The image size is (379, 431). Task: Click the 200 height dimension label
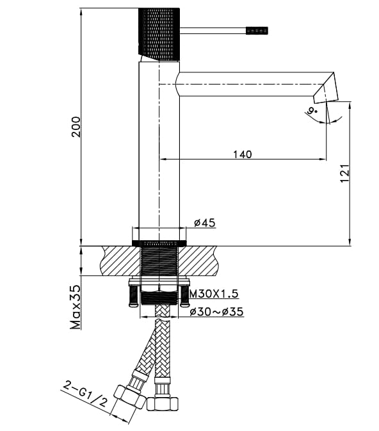click(x=76, y=129)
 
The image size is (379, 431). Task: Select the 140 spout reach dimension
click(x=242, y=154)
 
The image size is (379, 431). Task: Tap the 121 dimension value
click(x=344, y=174)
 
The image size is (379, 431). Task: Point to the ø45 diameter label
click(x=205, y=223)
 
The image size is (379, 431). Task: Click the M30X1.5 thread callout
click(x=214, y=293)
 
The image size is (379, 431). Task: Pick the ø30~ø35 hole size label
click(x=216, y=312)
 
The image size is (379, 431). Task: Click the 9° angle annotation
click(x=313, y=111)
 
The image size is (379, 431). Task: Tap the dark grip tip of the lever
click(x=257, y=30)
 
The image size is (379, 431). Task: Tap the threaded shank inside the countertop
click(x=159, y=263)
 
